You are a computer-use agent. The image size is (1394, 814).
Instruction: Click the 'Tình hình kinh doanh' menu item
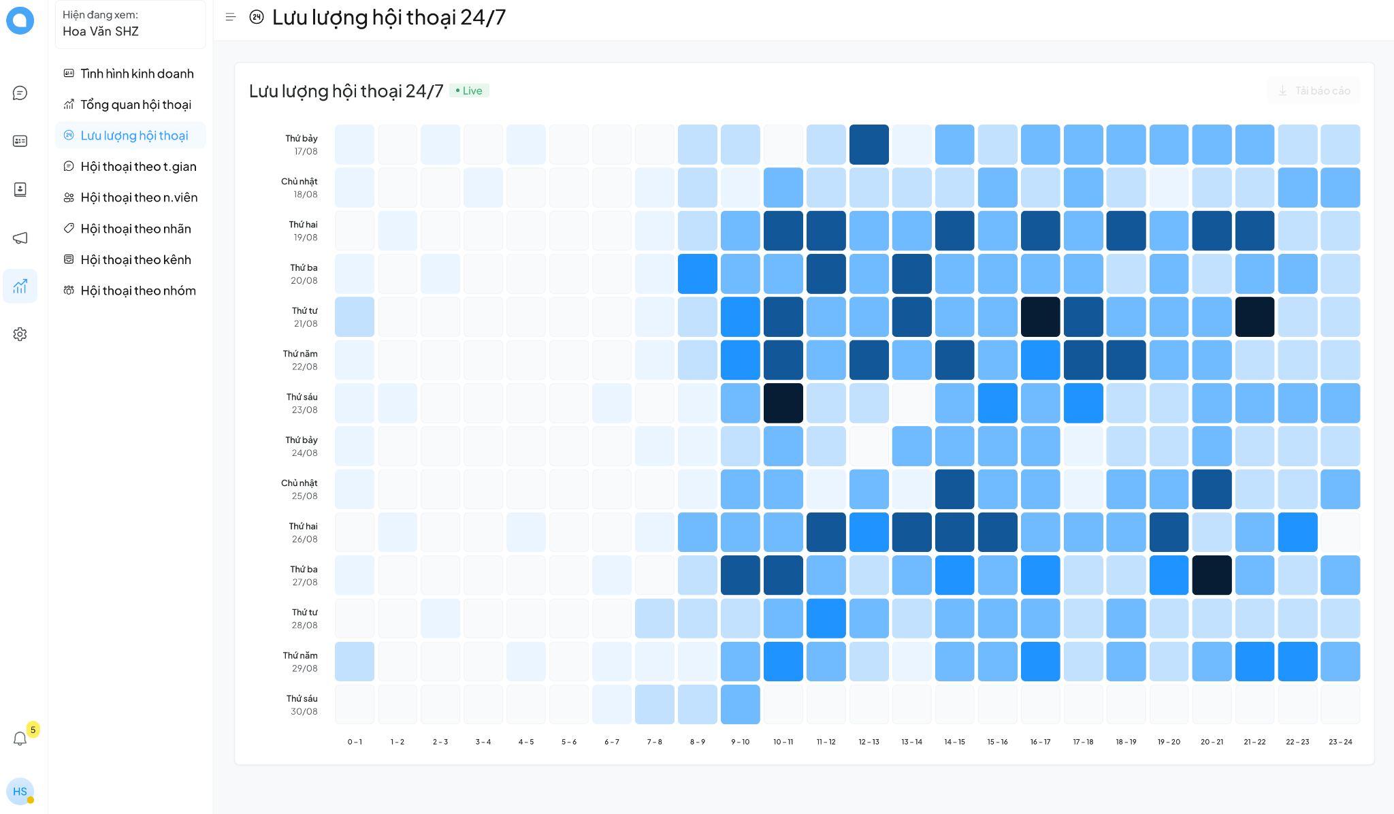coord(137,74)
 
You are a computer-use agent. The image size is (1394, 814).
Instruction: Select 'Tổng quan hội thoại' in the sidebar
coord(135,105)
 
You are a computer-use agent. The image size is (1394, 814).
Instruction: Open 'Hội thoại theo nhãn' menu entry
coord(135,229)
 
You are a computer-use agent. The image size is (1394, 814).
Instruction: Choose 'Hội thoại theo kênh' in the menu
coord(135,260)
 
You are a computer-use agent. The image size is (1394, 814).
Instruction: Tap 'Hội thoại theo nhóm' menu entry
coord(137,291)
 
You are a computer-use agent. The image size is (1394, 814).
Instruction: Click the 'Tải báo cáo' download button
coord(1314,91)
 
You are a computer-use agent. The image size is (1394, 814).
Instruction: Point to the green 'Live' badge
coord(469,91)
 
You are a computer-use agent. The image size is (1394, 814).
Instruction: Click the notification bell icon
coord(20,738)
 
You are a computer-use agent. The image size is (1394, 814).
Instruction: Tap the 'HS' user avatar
coord(20,792)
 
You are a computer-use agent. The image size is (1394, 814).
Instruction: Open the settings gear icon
coord(20,334)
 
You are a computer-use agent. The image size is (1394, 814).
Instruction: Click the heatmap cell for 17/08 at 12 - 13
coord(869,144)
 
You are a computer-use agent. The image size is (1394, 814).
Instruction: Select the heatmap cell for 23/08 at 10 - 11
coord(783,403)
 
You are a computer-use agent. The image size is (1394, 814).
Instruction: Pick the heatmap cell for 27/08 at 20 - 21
coord(1212,575)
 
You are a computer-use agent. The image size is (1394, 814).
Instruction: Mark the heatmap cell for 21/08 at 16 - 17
coord(1040,316)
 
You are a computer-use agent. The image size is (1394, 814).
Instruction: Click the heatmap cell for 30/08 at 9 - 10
coord(740,704)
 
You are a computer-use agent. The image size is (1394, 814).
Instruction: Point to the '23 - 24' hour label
coord(1340,742)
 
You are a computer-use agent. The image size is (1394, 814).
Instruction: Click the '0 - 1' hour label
coord(355,742)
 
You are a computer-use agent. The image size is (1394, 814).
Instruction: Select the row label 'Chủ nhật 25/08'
coord(299,489)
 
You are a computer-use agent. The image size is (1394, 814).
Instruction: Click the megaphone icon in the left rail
coord(20,238)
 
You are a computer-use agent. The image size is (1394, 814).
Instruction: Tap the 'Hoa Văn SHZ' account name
coord(101,31)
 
